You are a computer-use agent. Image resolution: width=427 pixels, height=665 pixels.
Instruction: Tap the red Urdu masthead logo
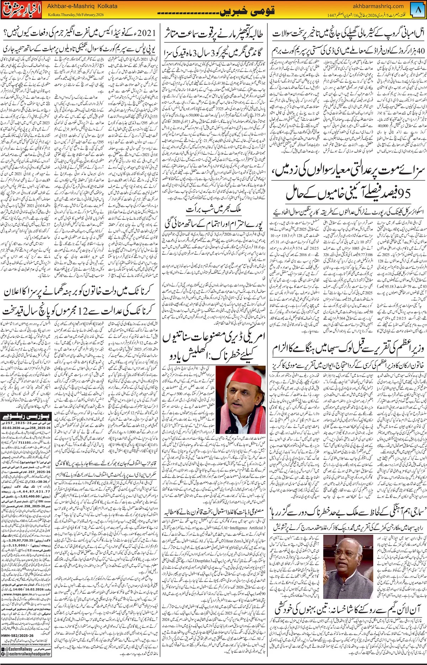click(22, 10)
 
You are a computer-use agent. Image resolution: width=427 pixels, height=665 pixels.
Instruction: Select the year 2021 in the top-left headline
click(146, 33)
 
